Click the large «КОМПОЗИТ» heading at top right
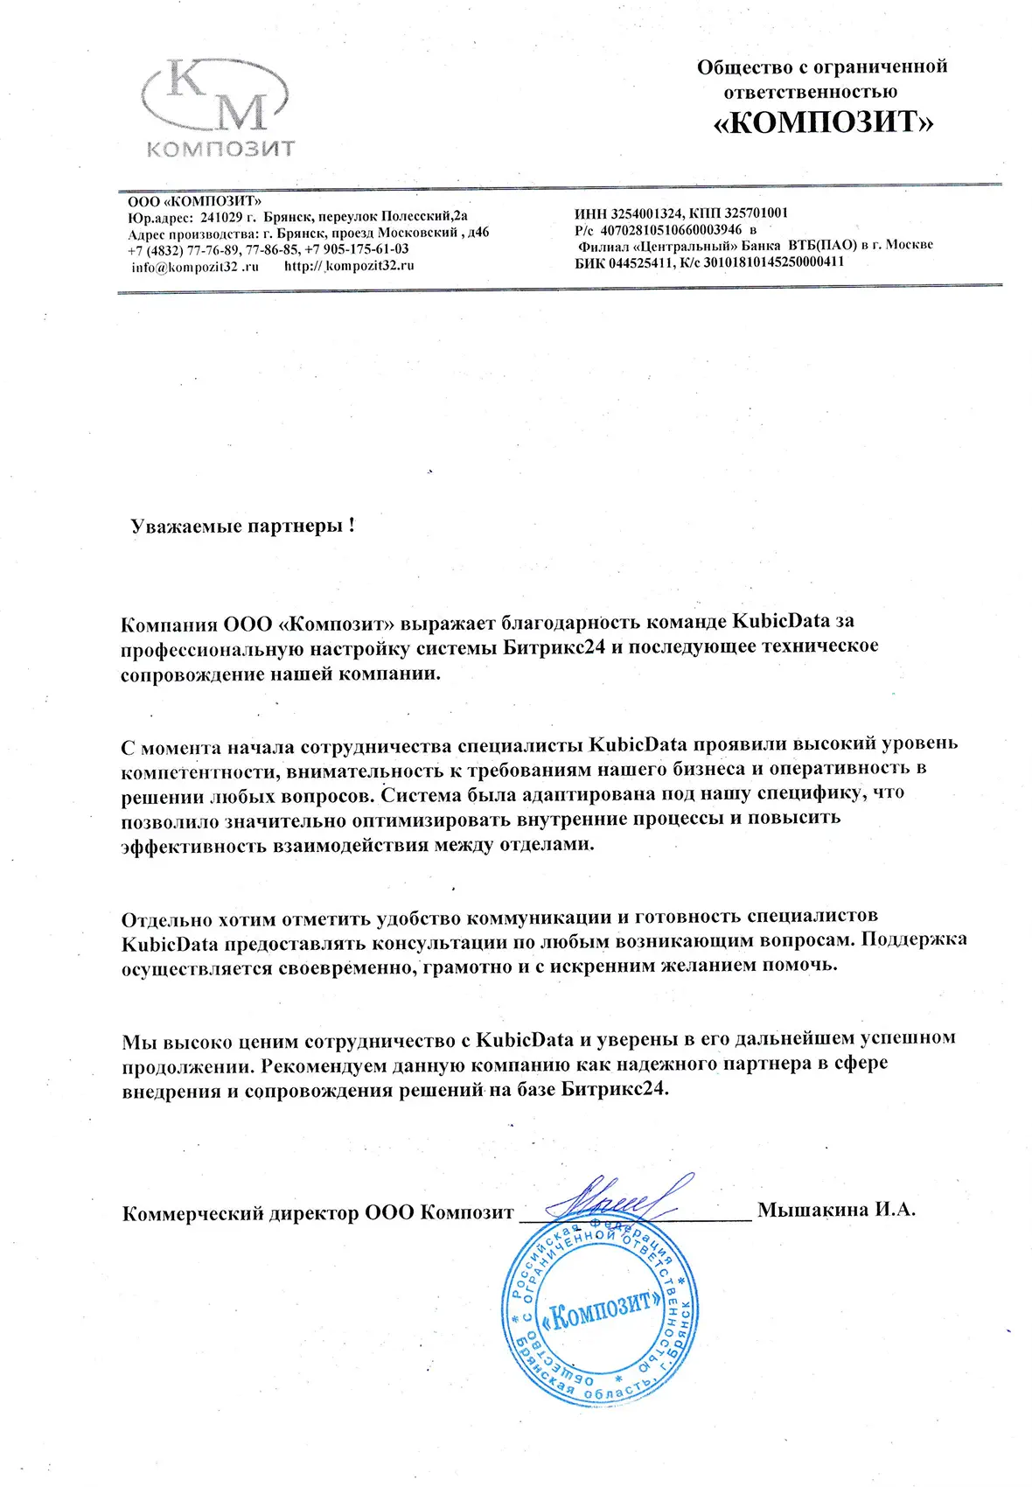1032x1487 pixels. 824,123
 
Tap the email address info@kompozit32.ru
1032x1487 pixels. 195,267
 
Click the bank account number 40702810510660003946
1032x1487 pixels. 670,229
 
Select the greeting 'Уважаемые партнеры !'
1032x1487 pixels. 242,526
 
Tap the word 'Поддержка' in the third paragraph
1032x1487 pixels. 914,939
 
